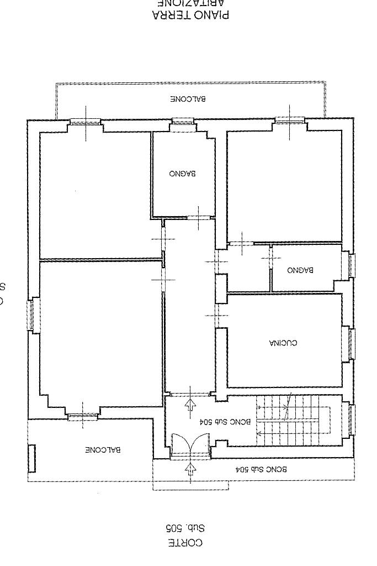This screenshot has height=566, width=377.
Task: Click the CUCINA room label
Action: [283, 343]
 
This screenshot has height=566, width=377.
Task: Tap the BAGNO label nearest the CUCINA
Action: [300, 270]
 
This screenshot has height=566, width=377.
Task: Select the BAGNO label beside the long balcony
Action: [182, 174]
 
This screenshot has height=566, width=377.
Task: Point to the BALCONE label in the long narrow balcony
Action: [188, 99]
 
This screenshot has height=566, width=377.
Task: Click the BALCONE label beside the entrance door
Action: [103, 450]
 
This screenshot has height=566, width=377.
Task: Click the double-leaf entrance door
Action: [190, 446]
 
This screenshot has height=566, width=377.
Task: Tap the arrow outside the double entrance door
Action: [190, 470]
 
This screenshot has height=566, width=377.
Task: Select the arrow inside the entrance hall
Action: [190, 404]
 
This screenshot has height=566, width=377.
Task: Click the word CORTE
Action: [185, 543]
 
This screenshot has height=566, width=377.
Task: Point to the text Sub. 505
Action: [185, 528]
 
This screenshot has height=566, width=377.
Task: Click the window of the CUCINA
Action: [351, 343]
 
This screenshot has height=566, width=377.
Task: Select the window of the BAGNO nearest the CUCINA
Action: [351, 265]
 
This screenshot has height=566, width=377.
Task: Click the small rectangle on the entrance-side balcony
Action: [32, 458]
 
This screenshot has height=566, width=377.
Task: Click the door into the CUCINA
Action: [217, 316]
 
